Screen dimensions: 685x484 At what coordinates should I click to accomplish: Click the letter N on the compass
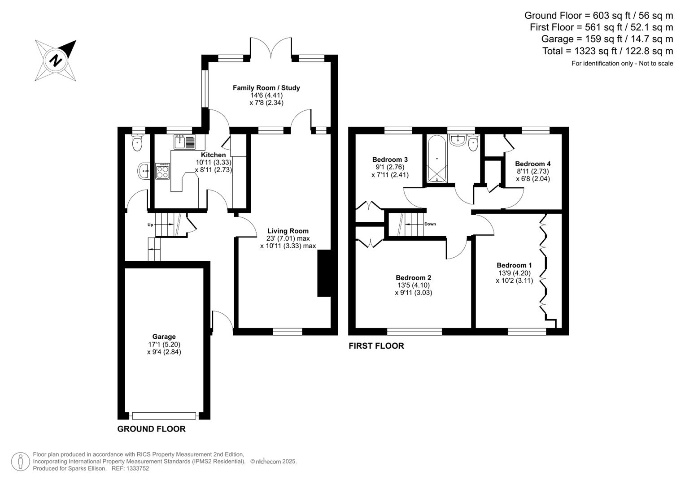tap(55, 60)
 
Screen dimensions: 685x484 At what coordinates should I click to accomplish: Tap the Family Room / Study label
tap(266, 88)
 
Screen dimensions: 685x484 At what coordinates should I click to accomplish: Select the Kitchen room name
tap(213, 155)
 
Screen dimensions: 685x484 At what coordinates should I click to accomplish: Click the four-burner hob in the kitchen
tap(162, 171)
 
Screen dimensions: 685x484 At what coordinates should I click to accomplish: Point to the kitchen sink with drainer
tap(185, 142)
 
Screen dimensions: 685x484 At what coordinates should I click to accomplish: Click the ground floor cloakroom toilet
tap(137, 143)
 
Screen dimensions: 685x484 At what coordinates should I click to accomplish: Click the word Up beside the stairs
tap(150, 225)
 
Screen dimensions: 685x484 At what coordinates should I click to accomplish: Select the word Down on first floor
tap(430, 224)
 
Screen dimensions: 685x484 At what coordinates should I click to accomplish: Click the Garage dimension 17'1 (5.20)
tap(164, 344)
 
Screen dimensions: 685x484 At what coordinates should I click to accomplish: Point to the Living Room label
tap(288, 231)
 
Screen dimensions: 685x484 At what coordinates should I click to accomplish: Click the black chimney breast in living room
tap(324, 273)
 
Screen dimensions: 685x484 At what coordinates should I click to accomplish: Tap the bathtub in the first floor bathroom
tap(436, 159)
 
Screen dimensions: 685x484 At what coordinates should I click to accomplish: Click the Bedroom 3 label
tap(390, 160)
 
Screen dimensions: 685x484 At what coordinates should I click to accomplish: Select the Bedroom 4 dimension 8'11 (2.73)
tap(533, 171)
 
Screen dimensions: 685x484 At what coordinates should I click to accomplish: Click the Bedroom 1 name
tap(515, 265)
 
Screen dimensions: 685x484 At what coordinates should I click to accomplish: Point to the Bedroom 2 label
tap(414, 278)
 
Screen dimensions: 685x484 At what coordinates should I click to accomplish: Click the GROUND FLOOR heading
tap(151, 429)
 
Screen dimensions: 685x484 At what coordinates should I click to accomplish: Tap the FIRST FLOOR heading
tap(376, 346)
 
